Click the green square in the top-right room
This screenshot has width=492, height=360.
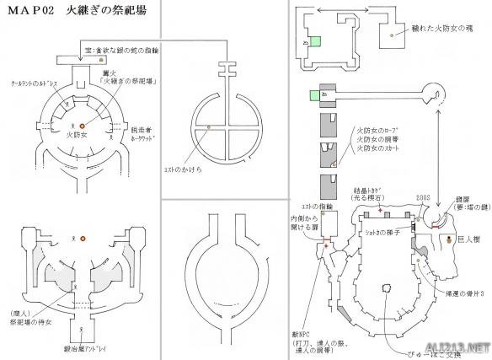315,41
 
